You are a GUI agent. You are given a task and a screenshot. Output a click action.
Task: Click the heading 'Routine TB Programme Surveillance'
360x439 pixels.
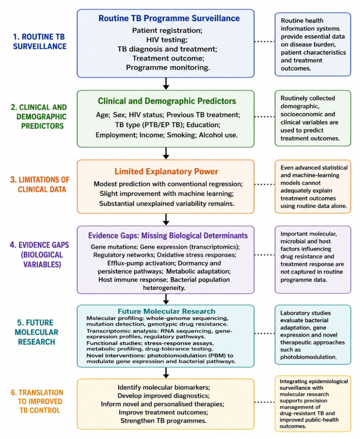169,18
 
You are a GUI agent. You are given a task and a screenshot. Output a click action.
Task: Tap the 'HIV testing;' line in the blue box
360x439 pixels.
167,40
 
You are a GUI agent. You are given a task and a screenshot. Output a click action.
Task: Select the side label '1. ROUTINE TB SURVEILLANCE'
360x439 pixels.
40,42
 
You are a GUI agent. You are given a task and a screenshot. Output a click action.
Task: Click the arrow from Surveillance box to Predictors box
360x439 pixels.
166,84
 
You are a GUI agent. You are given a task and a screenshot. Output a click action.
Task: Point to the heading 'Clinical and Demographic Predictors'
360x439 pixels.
167,101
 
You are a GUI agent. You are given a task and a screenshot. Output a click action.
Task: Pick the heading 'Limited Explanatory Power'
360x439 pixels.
166,171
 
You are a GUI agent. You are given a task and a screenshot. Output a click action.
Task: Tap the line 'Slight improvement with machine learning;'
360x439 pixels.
167,194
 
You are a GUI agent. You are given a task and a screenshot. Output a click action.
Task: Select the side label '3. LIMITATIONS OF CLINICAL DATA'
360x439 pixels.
40,184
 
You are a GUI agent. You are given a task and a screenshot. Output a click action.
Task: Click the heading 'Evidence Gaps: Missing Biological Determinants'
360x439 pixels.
168,236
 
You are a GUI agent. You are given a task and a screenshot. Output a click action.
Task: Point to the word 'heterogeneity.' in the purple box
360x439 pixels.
164,288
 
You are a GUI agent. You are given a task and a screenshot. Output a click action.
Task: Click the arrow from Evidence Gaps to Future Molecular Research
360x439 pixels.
166,299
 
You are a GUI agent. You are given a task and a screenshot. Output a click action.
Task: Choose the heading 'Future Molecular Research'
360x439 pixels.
166,311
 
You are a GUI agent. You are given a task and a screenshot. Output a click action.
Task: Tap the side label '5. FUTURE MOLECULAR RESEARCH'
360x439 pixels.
36,333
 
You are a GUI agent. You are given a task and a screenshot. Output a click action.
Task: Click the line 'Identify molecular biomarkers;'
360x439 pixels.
164,388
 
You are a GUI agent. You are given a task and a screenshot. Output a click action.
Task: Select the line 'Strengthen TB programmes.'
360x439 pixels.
164,421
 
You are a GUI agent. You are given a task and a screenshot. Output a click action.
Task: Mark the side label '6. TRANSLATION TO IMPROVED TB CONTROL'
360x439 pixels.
37,401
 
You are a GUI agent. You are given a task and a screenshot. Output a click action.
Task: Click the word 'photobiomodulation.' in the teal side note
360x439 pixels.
309,357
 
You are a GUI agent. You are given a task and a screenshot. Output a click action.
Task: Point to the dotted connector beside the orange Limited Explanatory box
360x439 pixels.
265,184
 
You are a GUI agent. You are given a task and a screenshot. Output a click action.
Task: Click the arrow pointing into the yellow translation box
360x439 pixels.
166,373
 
